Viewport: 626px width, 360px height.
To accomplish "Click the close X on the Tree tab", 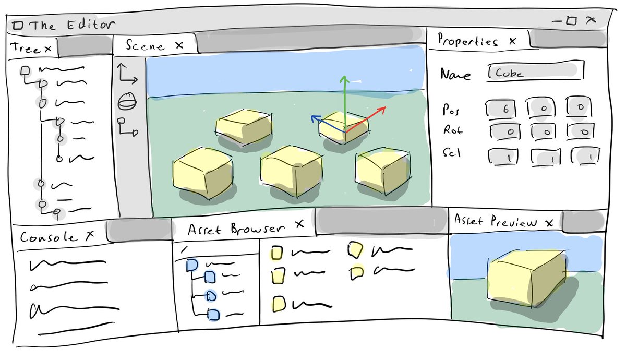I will [x=47, y=49].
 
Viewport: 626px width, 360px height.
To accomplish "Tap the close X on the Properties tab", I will [x=513, y=41].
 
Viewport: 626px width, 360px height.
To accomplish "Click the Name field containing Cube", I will [x=535, y=73].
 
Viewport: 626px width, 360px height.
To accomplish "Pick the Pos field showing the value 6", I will [x=501, y=109].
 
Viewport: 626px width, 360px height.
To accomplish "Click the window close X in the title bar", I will [x=591, y=20].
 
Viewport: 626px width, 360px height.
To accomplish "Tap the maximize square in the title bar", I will [x=571, y=21].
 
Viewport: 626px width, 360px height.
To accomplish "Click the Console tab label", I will [x=47, y=237].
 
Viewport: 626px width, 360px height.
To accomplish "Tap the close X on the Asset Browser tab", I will [x=299, y=224].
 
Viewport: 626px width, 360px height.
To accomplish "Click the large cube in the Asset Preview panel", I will [x=527, y=279].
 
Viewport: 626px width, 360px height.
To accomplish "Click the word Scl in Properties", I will [x=451, y=154].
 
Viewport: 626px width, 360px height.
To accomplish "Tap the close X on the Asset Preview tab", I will [x=549, y=223].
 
